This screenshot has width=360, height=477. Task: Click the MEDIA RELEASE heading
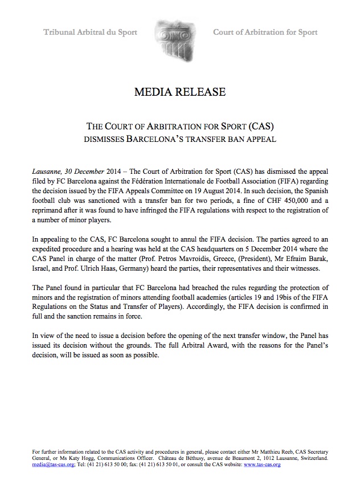pyautogui.click(x=180, y=92)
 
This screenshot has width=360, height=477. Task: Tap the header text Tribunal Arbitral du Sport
pyautogui.click(x=91, y=32)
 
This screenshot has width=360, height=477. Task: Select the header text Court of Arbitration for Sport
pyautogui.click(x=265, y=32)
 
